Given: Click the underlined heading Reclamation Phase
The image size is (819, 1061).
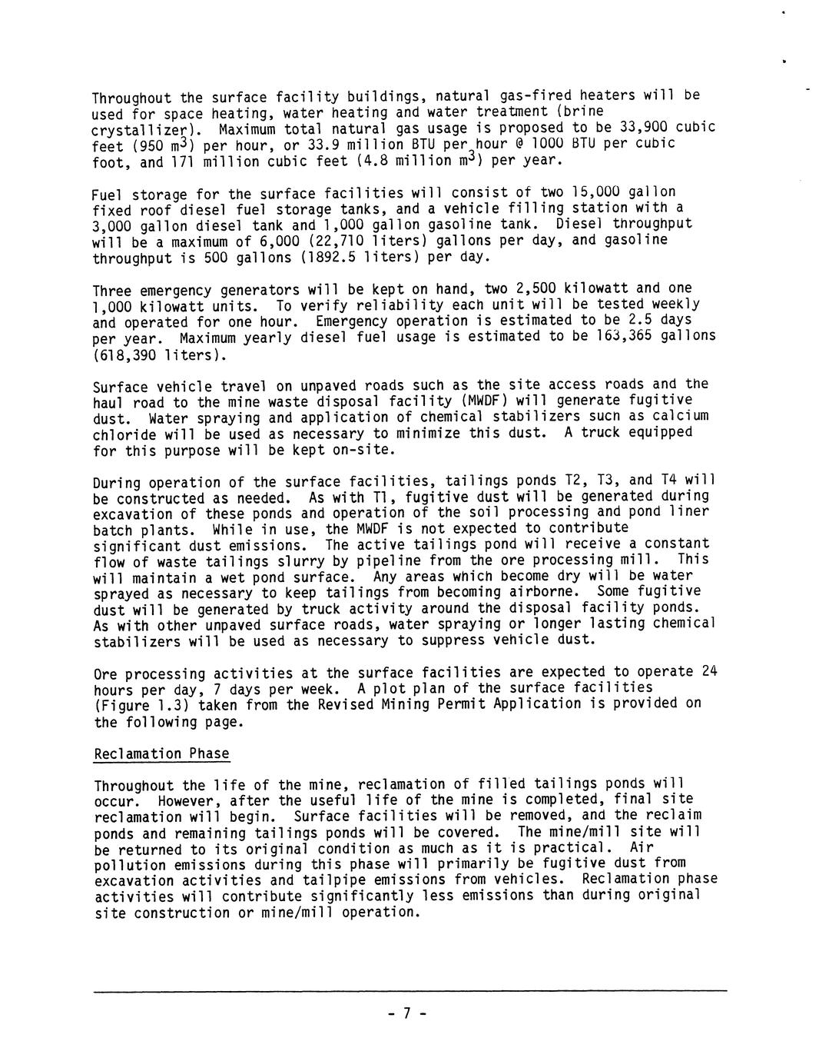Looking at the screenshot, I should tap(161, 753).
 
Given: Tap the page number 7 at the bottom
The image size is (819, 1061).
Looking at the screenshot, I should tap(407, 1013).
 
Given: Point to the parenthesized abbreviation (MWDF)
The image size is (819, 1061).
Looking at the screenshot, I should tap(481, 401).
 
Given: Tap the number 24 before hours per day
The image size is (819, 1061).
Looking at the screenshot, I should tap(709, 671).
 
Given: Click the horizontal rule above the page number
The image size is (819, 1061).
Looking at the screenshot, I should tap(409, 992).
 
